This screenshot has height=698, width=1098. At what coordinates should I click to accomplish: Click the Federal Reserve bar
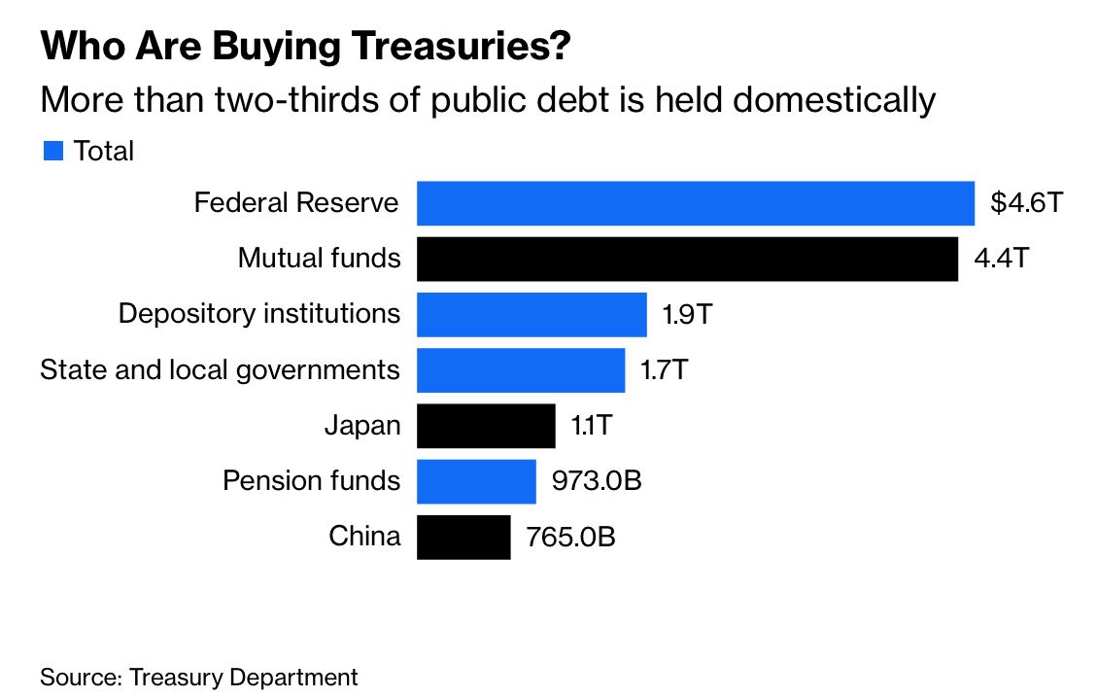tap(695, 203)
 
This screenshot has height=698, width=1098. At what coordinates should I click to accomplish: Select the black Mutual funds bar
tap(687, 259)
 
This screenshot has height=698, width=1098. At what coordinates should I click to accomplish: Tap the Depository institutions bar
tap(532, 314)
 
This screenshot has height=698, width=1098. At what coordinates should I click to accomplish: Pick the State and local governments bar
tap(521, 369)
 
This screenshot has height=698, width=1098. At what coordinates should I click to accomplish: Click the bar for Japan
tap(486, 426)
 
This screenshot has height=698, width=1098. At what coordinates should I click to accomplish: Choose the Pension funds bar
tap(476, 481)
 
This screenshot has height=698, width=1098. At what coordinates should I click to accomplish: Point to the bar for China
tap(463, 537)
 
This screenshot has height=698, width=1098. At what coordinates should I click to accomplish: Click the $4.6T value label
tap(1028, 203)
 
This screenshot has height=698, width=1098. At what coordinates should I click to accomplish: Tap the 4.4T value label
tap(1002, 259)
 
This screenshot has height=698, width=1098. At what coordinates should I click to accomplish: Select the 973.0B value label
tap(598, 481)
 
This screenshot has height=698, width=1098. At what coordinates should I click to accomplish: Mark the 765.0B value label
tap(571, 537)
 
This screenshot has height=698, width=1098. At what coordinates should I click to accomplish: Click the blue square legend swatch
tap(53, 151)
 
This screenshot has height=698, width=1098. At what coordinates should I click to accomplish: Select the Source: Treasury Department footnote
tap(199, 677)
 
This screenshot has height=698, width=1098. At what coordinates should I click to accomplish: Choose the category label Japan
tap(362, 426)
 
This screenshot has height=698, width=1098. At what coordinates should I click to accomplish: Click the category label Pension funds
tap(311, 481)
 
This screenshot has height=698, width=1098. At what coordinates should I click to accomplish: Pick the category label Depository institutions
tap(258, 314)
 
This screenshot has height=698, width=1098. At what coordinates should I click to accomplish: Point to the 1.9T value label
tap(689, 314)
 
